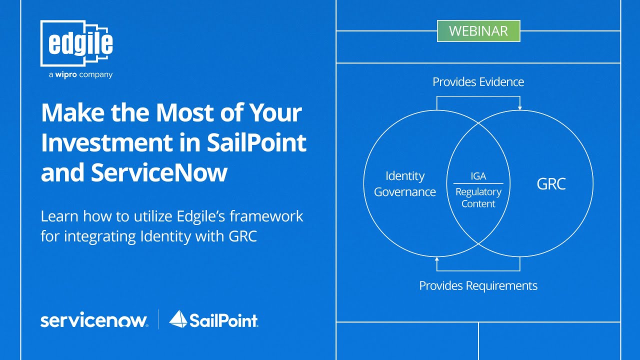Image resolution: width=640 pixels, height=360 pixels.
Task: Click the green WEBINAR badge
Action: pos(478,31)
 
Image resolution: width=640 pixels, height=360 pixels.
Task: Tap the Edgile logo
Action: pos(77,43)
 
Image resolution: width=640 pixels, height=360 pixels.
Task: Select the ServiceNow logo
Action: pos(94,320)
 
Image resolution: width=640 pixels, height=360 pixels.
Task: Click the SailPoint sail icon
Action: pos(178,319)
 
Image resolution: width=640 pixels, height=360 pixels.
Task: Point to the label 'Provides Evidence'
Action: pos(478,82)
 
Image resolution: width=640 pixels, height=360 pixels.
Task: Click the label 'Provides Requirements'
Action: pos(478,285)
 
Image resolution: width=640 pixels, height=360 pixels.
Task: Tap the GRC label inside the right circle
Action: pos(551,184)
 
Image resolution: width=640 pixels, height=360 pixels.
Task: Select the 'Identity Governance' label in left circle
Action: pos(405,184)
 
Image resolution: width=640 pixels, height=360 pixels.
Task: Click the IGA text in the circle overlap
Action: pos(478,176)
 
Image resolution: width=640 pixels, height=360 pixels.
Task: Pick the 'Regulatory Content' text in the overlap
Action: pos(478,197)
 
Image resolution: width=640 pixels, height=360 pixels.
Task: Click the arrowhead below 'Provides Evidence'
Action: pos(520,107)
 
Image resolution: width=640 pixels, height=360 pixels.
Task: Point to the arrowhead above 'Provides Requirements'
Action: pos(437,259)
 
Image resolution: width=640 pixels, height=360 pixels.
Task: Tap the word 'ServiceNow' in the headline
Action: pos(159,172)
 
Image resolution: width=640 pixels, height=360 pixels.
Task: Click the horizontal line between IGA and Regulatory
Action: pos(478,183)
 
